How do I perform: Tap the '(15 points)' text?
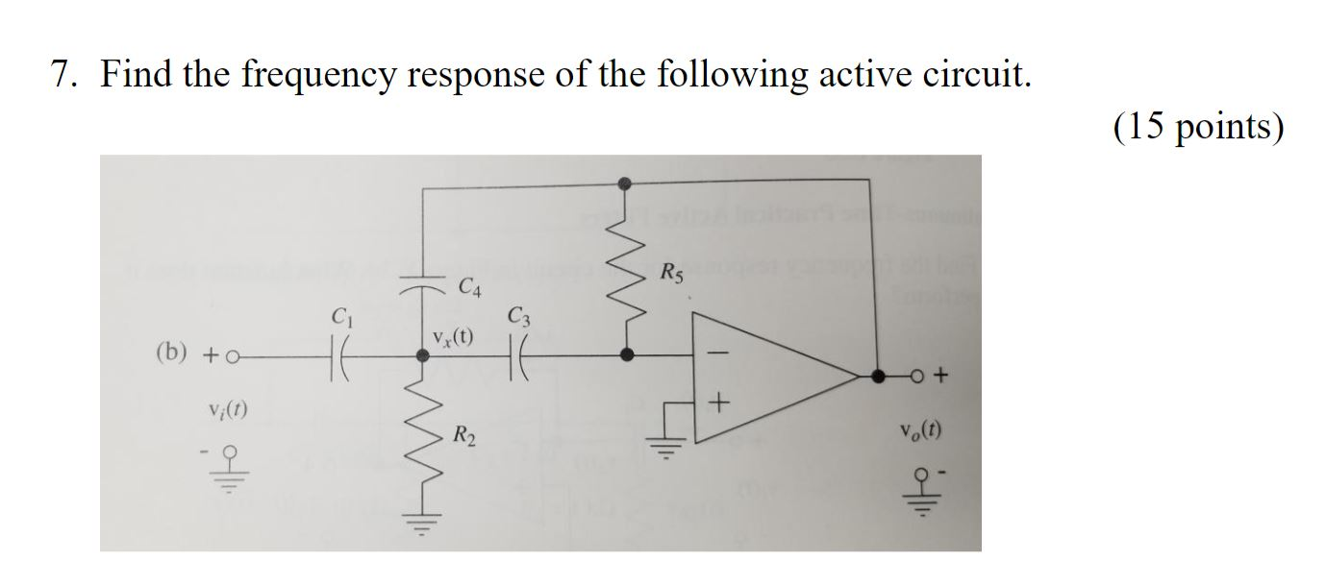coord(1198,127)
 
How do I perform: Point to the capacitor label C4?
coord(470,286)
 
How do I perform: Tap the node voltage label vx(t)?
coord(452,337)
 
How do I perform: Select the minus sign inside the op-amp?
coord(713,354)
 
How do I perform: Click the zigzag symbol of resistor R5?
coord(627,268)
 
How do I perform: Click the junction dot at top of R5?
coord(627,182)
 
